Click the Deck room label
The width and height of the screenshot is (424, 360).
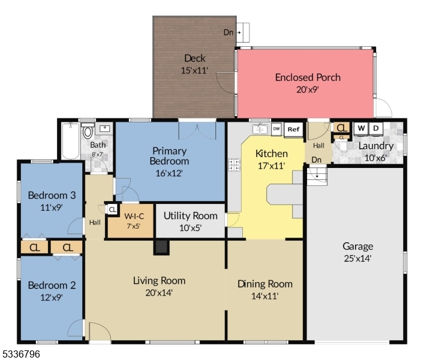pyautogui.click(x=194, y=58)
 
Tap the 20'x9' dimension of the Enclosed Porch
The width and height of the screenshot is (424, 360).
pyautogui.click(x=307, y=89)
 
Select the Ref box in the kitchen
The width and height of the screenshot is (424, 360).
pyautogui.click(x=293, y=129)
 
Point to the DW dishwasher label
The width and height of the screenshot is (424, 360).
pyautogui.click(x=276, y=128)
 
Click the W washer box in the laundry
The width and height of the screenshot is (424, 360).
pyautogui.click(x=361, y=128)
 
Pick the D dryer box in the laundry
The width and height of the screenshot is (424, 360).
pyautogui.click(x=376, y=128)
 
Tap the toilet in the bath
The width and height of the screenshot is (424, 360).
pyautogui.click(x=88, y=131)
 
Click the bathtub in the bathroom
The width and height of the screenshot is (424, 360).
pyautogui.click(x=70, y=142)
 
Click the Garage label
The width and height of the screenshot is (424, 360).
pyautogui.click(x=357, y=246)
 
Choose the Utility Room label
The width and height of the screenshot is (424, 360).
pyautogui.click(x=191, y=215)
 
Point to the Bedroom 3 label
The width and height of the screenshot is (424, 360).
pyautogui.click(x=52, y=195)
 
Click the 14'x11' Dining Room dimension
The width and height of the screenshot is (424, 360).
pyautogui.click(x=264, y=296)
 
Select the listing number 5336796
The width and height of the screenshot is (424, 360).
pyautogui.click(x=21, y=354)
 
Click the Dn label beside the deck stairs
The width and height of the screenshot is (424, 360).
pyautogui.click(x=228, y=32)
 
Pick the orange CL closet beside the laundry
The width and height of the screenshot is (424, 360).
pyautogui.click(x=341, y=127)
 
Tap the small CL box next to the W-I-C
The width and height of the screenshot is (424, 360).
pyautogui.click(x=112, y=209)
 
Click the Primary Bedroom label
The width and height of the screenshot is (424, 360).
pyautogui.click(x=170, y=156)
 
